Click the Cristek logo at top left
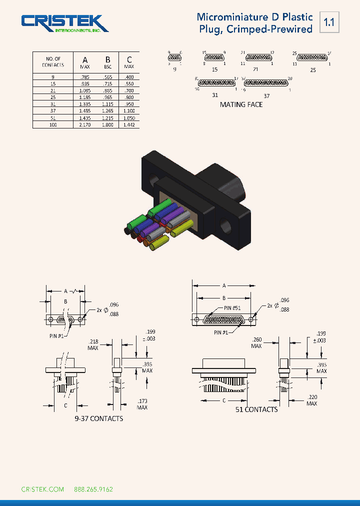64,23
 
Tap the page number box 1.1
329,22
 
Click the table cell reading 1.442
128,124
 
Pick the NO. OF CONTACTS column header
53,62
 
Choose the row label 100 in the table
53,124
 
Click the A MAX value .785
84,77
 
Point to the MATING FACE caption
241,104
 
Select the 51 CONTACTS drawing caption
256,409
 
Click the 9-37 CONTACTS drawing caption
98,418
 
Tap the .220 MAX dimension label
311,400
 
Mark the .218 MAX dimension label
93,344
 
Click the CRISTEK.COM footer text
42,489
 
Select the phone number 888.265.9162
93,489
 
